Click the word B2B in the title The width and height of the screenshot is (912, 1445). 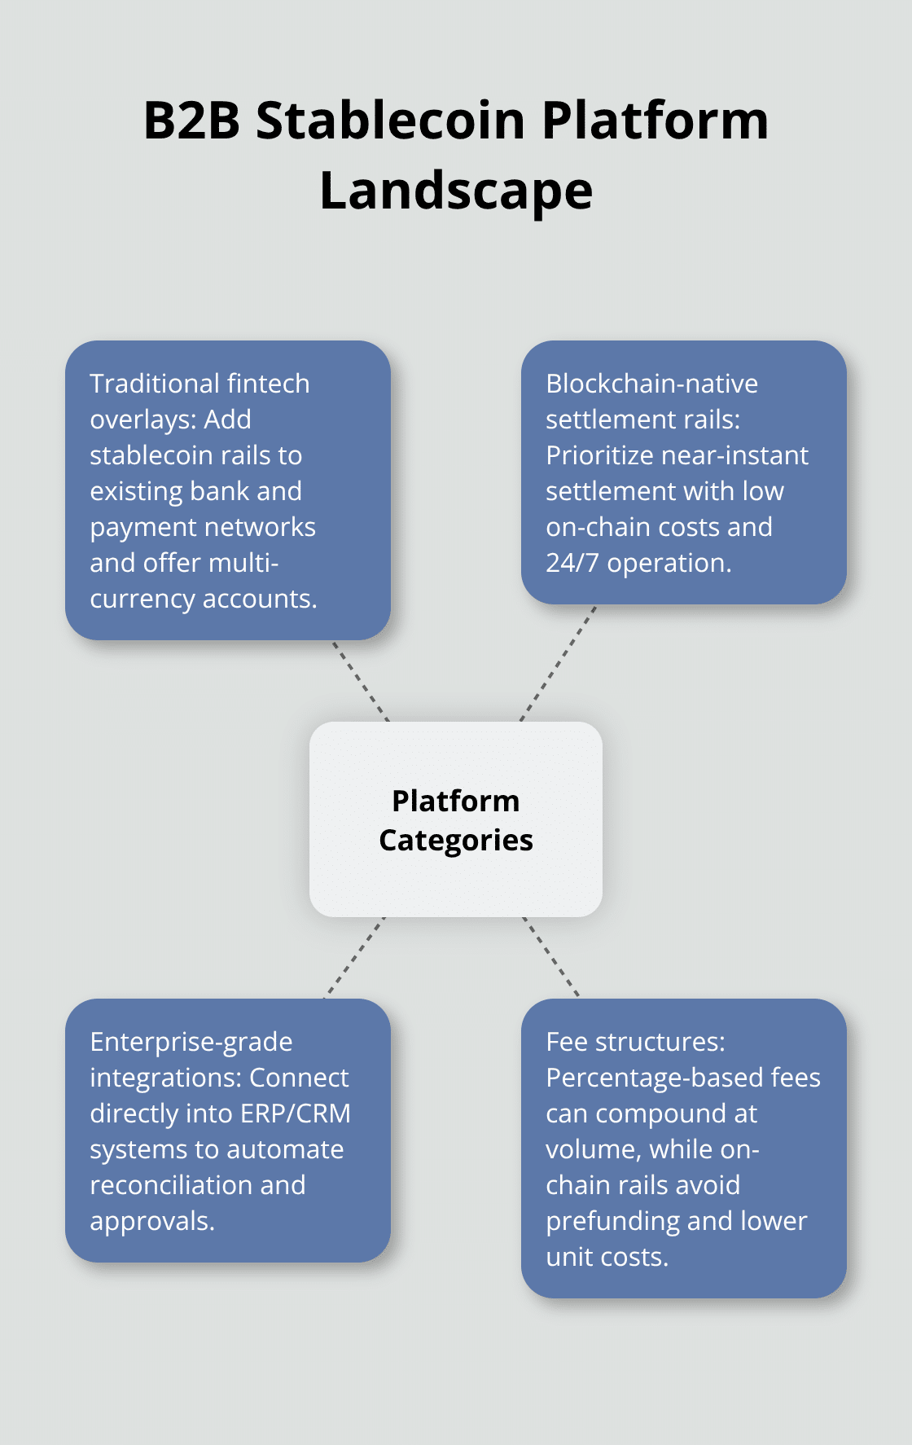click(192, 121)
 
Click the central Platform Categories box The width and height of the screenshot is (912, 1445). click(456, 819)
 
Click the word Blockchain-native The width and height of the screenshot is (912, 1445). click(651, 384)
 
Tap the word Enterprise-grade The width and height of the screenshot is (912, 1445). click(191, 1042)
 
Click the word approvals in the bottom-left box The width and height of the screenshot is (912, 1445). click(150, 1221)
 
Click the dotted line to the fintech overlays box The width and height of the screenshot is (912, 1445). click(361, 681)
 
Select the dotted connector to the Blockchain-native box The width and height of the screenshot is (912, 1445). click(559, 663)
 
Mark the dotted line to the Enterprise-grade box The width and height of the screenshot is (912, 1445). click(354, 957)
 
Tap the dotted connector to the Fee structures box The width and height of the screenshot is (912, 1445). click(551, 956)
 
